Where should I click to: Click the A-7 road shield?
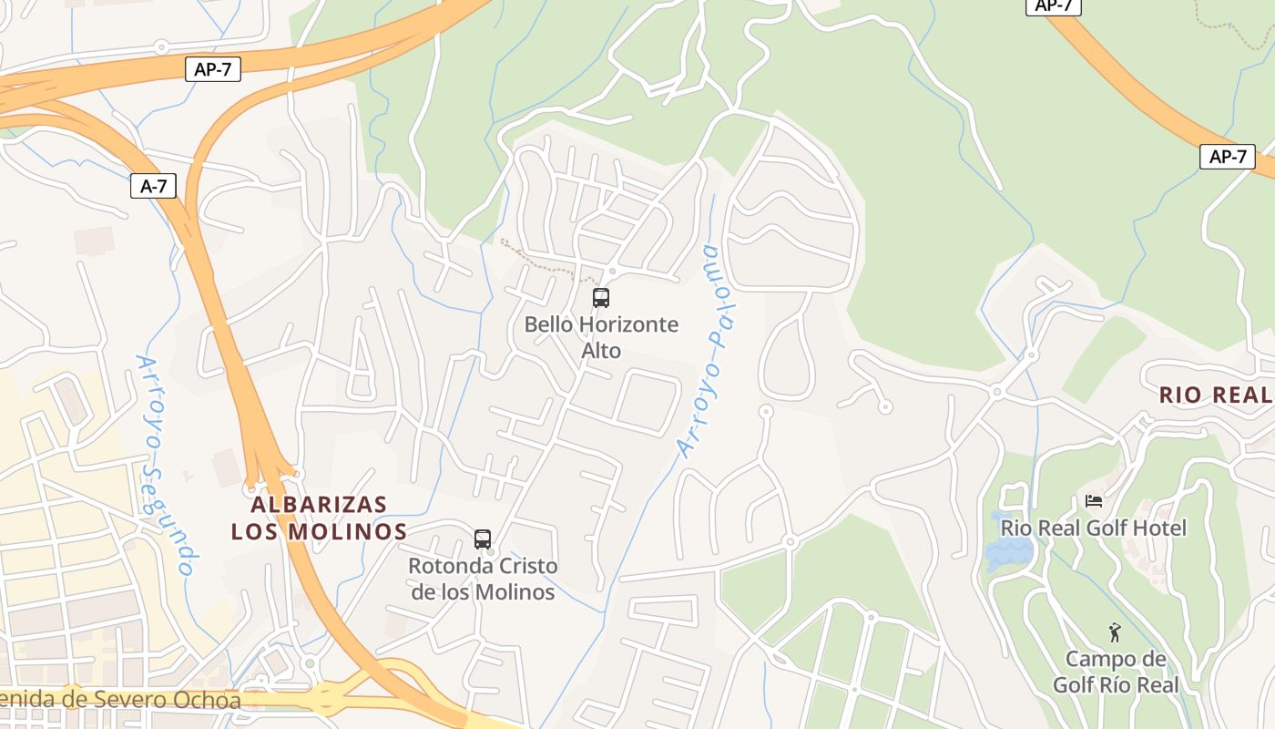click(153, 187)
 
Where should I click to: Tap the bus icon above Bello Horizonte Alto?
click(600, 297)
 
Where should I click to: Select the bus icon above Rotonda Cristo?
click(483, 539)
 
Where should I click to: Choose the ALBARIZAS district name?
click(319, 505)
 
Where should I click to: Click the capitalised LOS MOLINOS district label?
click(319, 531)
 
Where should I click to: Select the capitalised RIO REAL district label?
click(1215, 395)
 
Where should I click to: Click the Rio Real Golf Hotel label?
click(1093, 529)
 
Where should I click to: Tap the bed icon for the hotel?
click(1094, 501)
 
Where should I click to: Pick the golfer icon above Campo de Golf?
click(1115, 632)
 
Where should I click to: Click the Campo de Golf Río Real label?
click(1116, 672)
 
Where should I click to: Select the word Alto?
click(601, 351)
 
